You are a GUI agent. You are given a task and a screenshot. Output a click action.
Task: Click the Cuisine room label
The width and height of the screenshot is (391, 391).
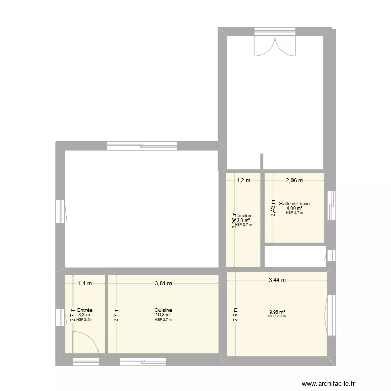[163, 310]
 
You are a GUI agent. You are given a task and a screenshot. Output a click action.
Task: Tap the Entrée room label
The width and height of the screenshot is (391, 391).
[84, 310]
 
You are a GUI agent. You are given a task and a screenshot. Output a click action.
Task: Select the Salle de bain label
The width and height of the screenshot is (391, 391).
[294, 204]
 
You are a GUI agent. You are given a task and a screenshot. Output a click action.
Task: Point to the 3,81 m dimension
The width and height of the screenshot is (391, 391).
[163, 284]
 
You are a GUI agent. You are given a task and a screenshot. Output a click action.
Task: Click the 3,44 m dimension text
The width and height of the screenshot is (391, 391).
[277, 280]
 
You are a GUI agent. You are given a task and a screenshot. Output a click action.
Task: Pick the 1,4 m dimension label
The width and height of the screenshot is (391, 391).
[85, 284]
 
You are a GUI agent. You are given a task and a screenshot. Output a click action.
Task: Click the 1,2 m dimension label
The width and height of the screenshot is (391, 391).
[243, 181]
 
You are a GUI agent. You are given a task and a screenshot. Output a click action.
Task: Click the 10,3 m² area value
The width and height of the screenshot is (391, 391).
[163, 315]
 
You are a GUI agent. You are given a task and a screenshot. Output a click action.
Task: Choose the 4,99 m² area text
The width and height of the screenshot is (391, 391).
[294, 209]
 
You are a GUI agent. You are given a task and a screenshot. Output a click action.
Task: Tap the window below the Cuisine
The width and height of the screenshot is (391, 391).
[143, 361]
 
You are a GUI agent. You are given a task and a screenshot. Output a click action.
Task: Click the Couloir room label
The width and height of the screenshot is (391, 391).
[244, 215]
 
